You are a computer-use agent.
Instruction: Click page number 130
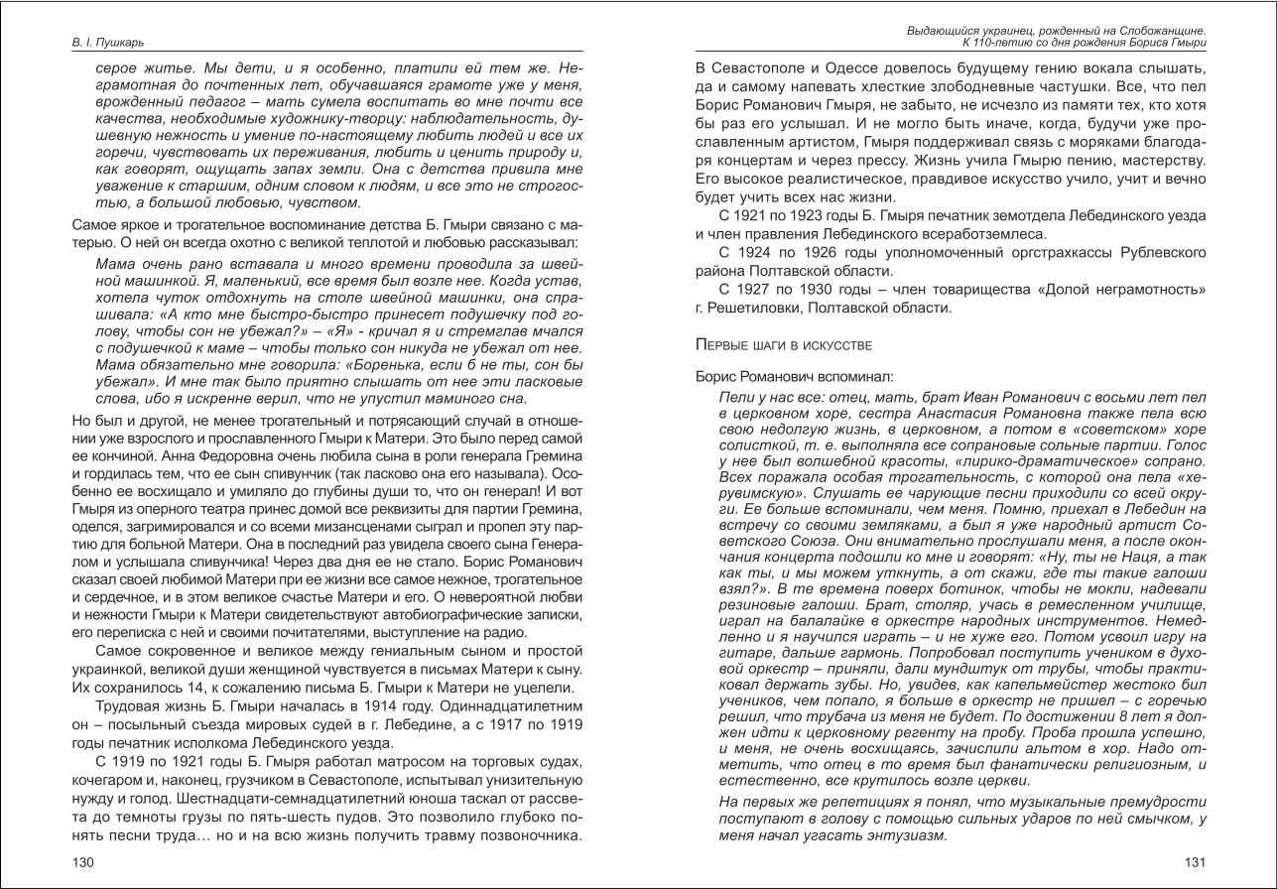tap(83, 862)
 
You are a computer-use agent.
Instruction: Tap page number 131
tap(1195, 862)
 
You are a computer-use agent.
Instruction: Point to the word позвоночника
tap(534, 834)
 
